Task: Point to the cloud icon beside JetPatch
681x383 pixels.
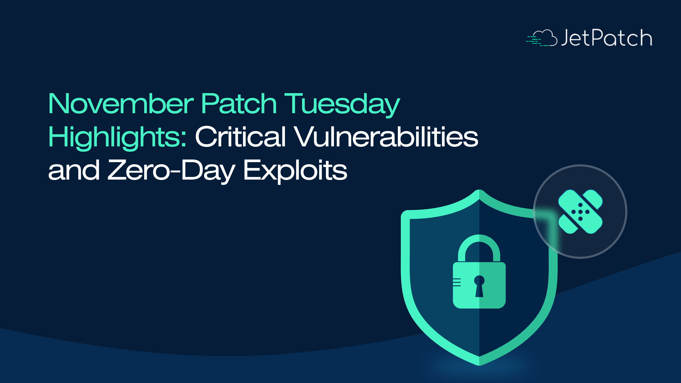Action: coord(542,38)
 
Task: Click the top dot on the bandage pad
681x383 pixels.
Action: coord(581,205)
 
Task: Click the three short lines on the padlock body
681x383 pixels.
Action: coord(457,282)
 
